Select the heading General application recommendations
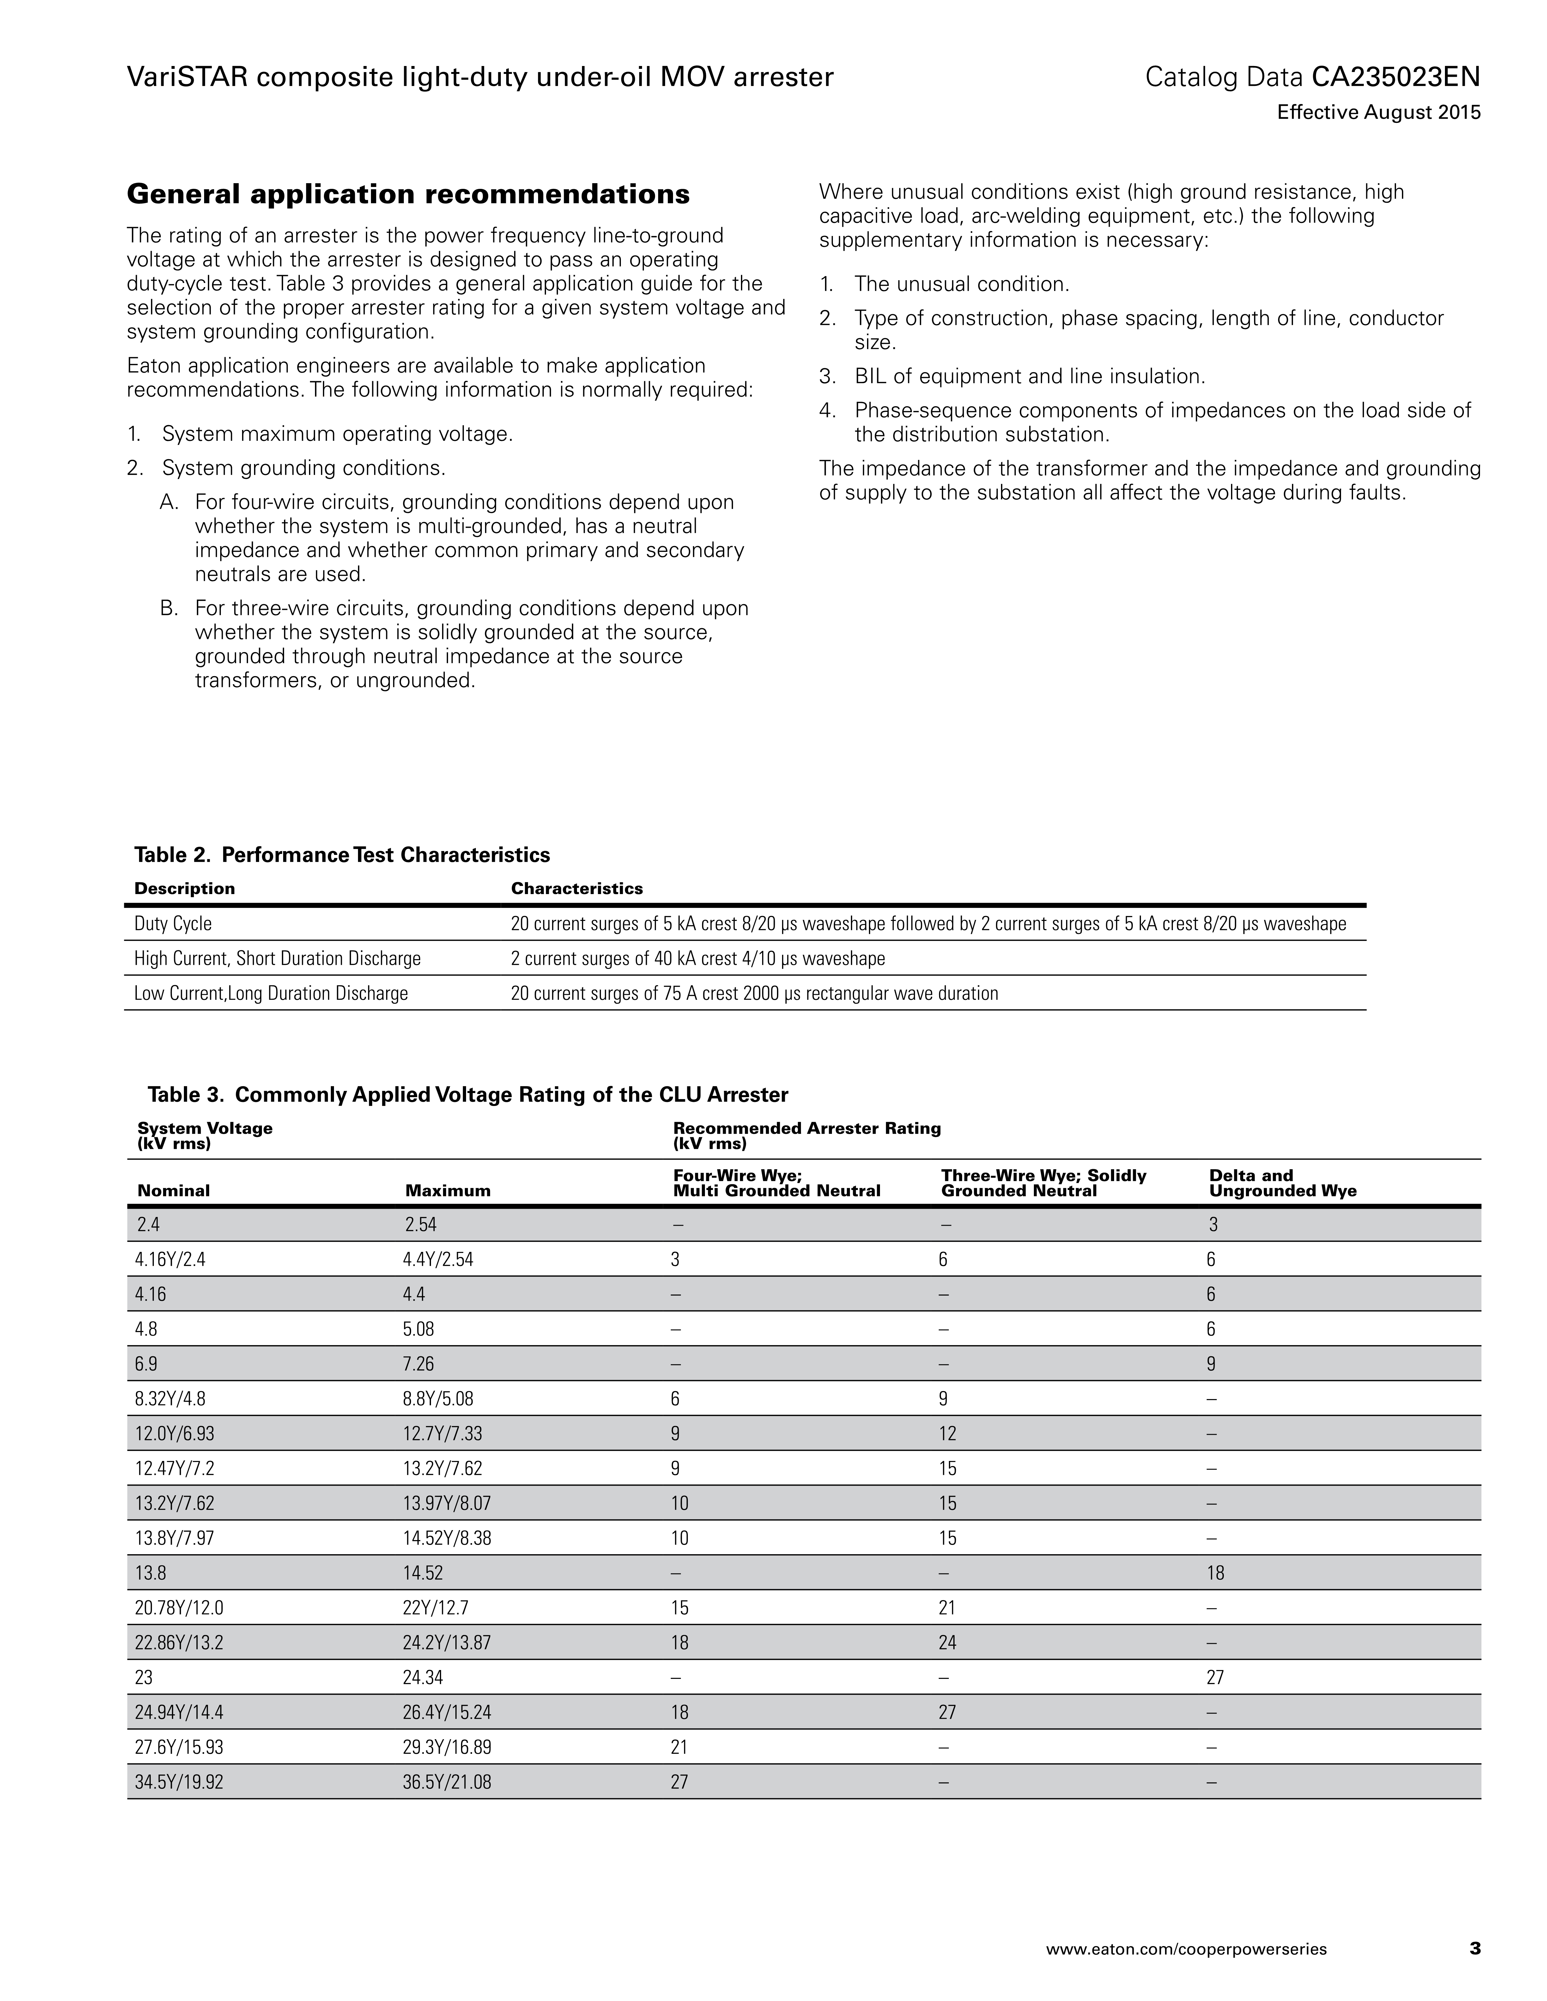[x=408, y=194]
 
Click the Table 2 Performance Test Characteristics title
[x=342, y=855]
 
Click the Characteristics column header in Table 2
[x=576, y=889]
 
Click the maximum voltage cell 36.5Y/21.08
[x=446, y=1782]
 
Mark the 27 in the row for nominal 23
[x=1215, y=1678]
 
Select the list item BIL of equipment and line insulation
[x=1029, y=376]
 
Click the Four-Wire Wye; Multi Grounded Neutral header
[x=776, y=1183]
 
